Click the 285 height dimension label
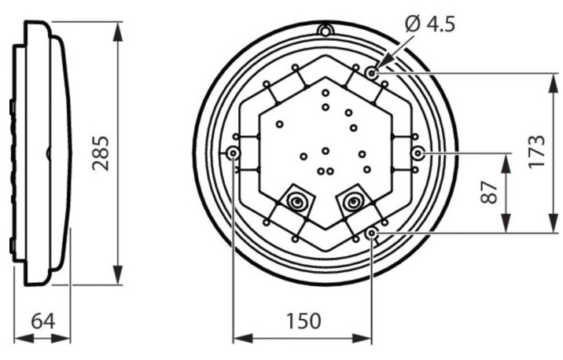click(x=101, y=153)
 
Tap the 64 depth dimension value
click(x=43, y=321)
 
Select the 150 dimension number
click(x=304, y=321)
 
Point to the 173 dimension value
click(x=537, y=151)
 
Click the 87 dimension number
click(x=489, y=193)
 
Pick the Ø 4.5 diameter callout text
click(x=430, y=25)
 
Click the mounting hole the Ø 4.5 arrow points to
click(x=372, y=74)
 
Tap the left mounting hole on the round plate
click(x=234, y=153)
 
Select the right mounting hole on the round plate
click(x=418, y=153)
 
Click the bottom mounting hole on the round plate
click(x=371, y=233)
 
